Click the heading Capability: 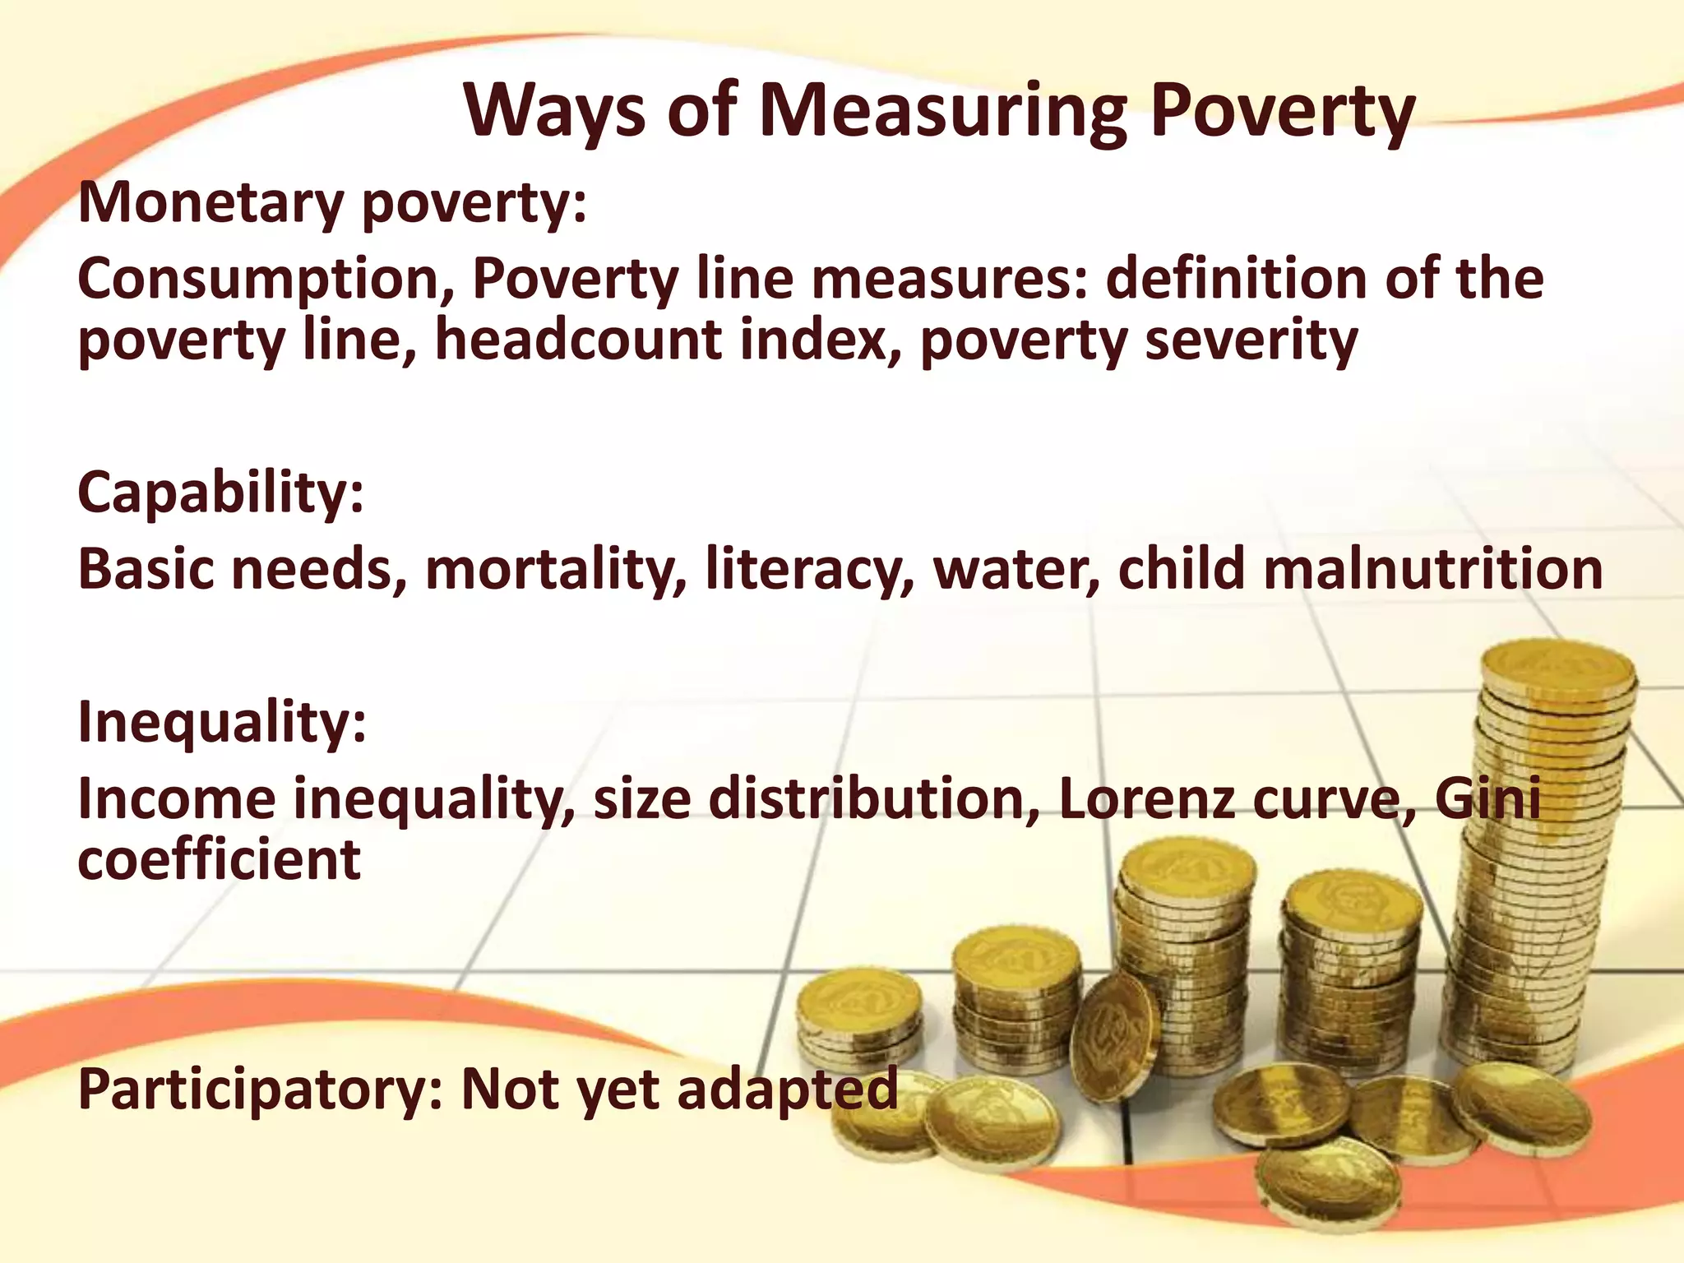pyautogui.click(x=220, y=493)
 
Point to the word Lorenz pyautogui.click(x=1147, y=799)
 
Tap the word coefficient pyautogui.click(x=219, y=860)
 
